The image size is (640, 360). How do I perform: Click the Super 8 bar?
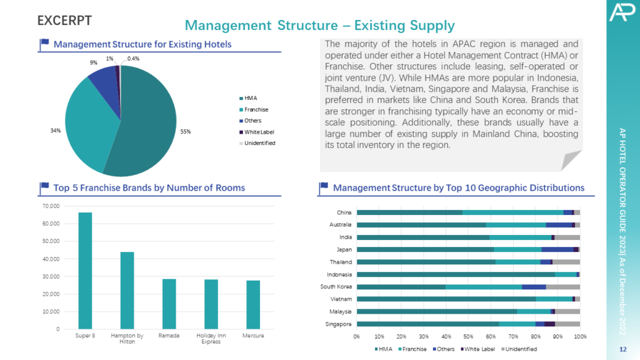(x=85, y=270)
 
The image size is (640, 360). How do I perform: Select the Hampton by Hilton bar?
(x=127, y=290)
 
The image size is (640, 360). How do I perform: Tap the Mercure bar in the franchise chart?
(x=253, y=304)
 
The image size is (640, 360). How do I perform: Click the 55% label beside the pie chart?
(x=186, y=132)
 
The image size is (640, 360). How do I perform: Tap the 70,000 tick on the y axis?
(x=49, y=206)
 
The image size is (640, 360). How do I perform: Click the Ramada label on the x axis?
(x=169, y=336)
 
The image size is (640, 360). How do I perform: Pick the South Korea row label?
(x=337, y=287)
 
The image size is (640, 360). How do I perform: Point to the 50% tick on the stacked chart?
(x=468, y=337)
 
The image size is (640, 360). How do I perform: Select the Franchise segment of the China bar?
(x=512, y=212)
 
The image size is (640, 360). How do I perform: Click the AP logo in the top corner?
(x=621, y=12)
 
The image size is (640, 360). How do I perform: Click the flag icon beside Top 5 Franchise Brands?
(x=44, y=187)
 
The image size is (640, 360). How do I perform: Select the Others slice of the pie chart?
(x=103, y=79)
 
